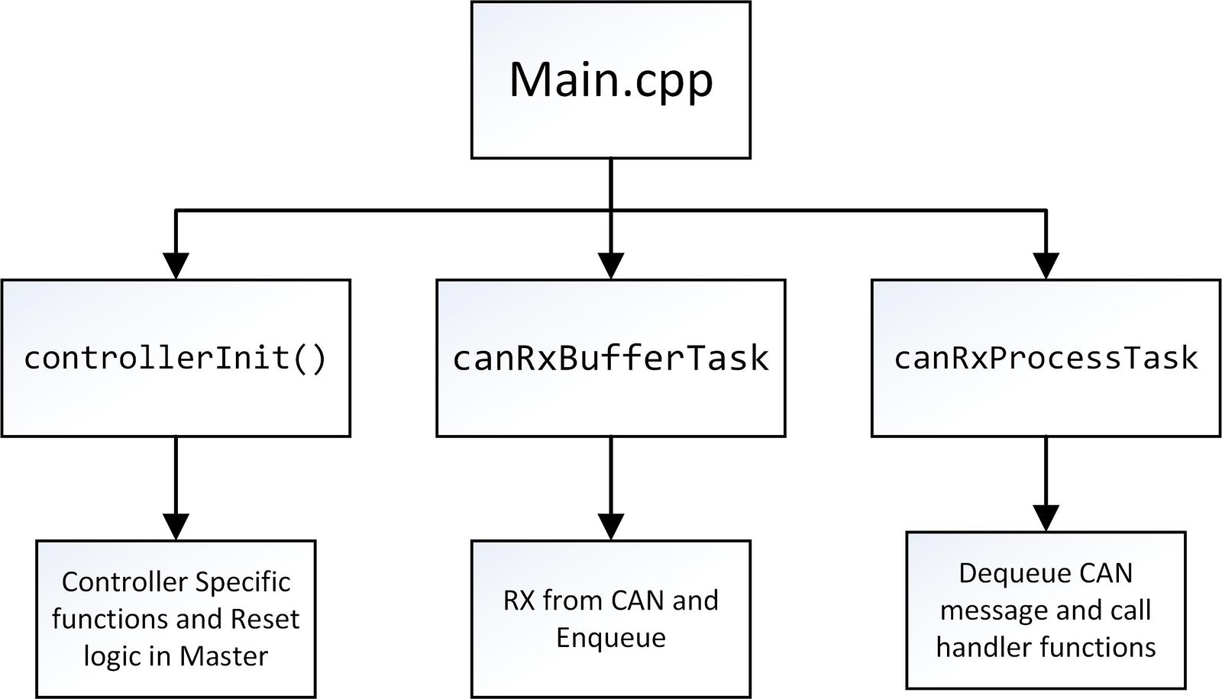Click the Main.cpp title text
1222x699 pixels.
point(611,82)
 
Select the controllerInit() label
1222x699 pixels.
point(175,359)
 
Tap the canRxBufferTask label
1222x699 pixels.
point(611,359)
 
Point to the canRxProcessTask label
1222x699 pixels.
point(1046,359)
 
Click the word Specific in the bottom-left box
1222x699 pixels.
point(243,583)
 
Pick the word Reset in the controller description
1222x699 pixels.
point(265,620)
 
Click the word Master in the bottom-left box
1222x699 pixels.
point(224,656)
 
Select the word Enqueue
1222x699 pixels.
point(611,639)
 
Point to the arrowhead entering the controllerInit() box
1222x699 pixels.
point(176,266)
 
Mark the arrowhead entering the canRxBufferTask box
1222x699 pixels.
point(611,266)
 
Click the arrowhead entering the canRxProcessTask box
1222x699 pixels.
point(1046,266)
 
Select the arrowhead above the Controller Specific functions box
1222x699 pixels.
point(176,527)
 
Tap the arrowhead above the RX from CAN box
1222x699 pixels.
point(611,527)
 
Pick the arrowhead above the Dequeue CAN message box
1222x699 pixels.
point(1046,518)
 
